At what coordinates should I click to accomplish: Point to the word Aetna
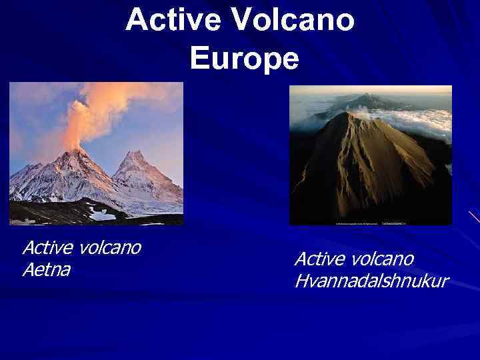coord(46,269)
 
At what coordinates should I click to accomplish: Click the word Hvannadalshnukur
coord(371,281)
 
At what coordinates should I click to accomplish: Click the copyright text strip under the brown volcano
coord(370,221)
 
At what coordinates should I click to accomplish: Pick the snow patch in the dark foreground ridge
coord(102,215)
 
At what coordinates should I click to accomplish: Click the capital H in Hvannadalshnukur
coord(301,281)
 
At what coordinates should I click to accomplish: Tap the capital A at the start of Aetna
coord(28,269)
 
